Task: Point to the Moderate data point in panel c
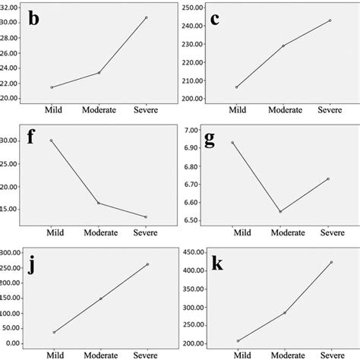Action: [x=283, y=46]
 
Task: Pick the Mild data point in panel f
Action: [x=52, y=141]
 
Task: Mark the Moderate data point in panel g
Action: [x=280, y=211]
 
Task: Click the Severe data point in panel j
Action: [x=147, y=264]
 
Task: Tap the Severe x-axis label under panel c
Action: [x=329, y=111]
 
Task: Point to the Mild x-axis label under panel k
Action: [x=241, y=355]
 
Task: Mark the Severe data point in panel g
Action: [x=326, y=178]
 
